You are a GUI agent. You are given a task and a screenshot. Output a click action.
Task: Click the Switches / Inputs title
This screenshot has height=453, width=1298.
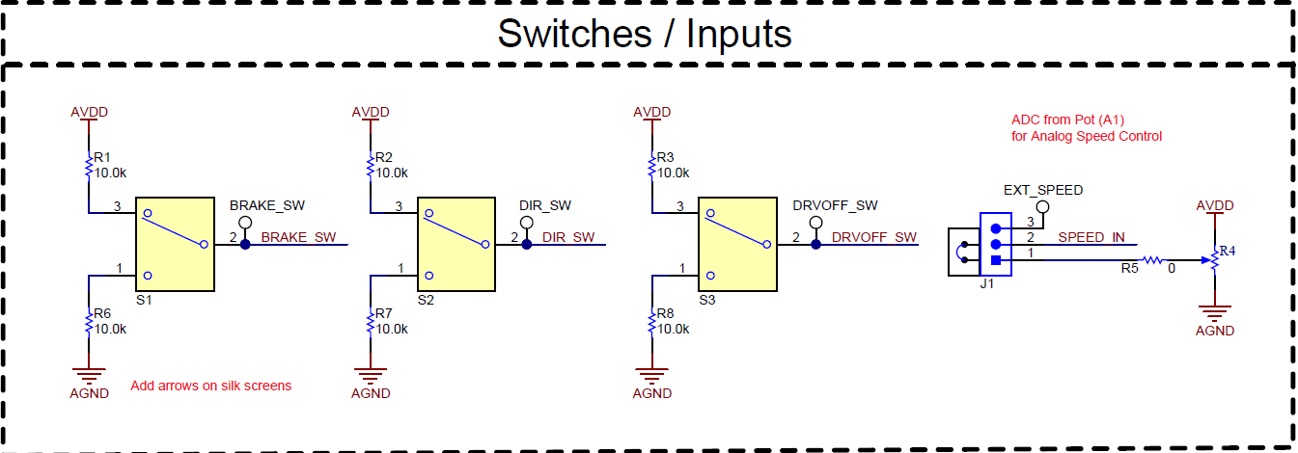tap(644, 34)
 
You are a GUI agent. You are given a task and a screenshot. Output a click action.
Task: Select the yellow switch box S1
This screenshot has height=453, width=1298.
tap(175, 244)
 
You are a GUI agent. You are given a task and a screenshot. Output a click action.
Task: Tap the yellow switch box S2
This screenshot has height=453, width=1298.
tap(456, 244)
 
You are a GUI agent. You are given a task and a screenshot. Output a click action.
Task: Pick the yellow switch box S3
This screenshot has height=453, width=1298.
tap(737, 244)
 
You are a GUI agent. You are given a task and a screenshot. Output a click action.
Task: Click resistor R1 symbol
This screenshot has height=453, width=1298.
tap(88, 167)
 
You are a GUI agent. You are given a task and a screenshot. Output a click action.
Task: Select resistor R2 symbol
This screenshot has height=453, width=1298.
tap(370, 167)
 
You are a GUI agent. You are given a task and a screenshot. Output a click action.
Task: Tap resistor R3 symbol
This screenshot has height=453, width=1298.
tap(651, 167)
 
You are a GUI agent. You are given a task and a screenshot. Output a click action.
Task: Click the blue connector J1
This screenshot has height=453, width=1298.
tap(995, 245)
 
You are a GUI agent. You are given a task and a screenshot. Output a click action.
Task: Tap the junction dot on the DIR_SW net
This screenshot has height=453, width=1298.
tap(527, 244)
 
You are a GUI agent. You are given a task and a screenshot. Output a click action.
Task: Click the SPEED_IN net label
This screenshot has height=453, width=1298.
tap(1091, 237)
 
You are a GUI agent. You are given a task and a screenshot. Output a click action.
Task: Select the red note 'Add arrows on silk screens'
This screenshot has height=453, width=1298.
tap(210, 386)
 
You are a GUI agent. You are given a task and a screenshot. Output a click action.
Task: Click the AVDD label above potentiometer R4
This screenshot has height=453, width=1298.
tap(1214, 206)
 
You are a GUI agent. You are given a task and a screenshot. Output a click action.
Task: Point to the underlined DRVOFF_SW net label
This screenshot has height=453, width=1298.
tap(874, 237)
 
